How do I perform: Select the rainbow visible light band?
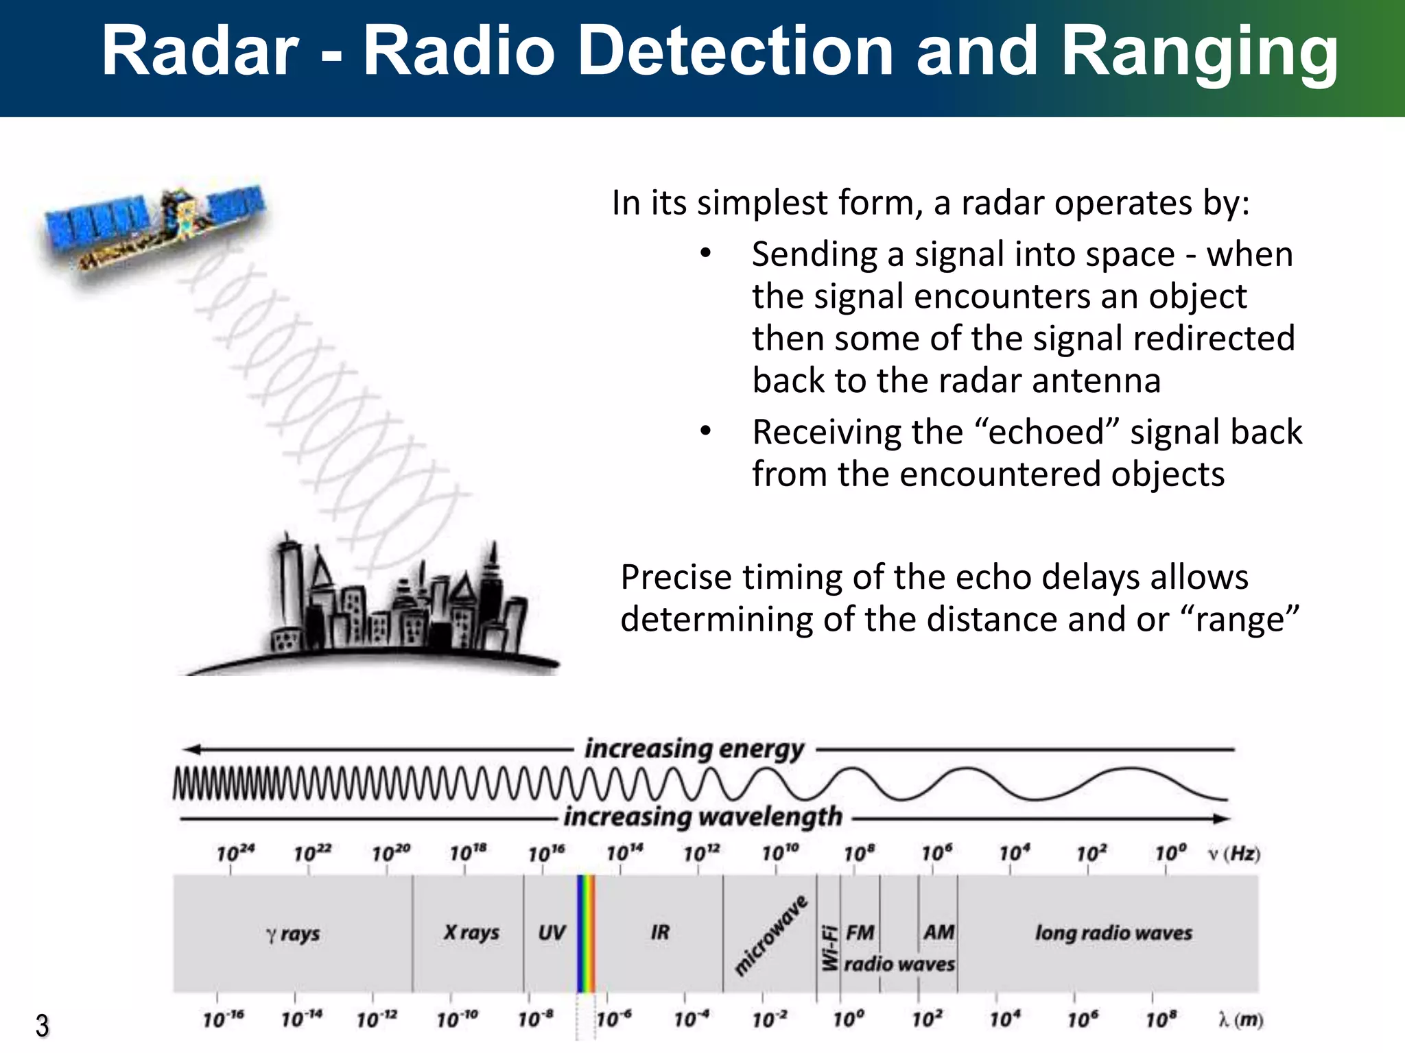click(585, 933)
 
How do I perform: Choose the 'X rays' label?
click(471, 932)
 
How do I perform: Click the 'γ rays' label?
click(293, 934)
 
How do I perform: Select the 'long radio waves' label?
click(1113, 933)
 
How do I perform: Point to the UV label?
click(552, 932)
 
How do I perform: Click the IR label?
click(660, 932)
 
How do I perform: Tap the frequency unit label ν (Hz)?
click(1234, 854)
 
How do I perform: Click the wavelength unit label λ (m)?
click(1240, 1020)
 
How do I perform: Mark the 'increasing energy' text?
click(694, 749)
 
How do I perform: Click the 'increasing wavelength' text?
click(703, 817)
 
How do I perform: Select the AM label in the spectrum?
click(938, 932)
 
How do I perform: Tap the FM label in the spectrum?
click(860, 932)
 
